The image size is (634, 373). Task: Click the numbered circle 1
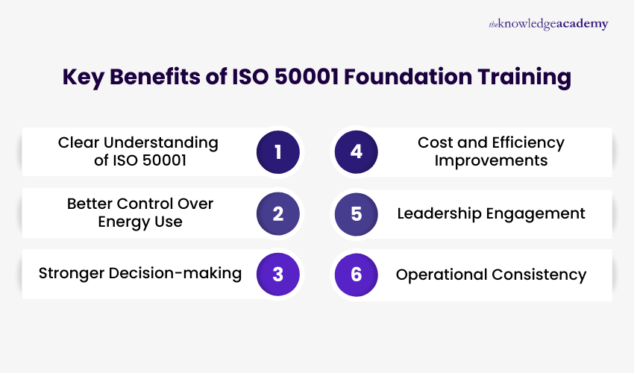[x=278, y=152]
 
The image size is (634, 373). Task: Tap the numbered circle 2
[x=278, y=213]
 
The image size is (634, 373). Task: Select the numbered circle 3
[x=278, y=274]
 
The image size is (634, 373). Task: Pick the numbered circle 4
[x=356, y=152]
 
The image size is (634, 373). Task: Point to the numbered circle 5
[x=356, y=213]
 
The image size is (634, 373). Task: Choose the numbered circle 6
[x=356, y=274]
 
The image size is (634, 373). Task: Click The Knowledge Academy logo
[x=548, y=24]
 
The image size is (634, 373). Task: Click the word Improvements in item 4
[x=491, y=160]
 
